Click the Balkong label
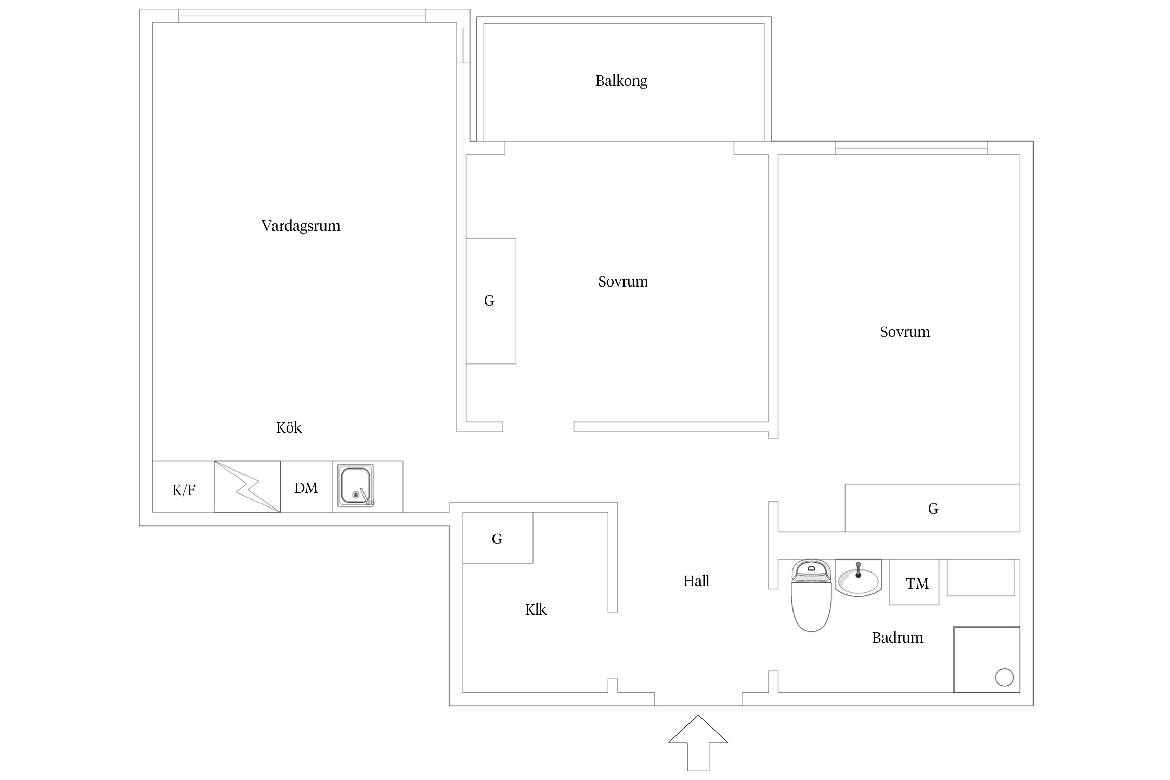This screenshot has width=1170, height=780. coord(621,81)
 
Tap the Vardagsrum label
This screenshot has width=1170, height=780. coord(301,226)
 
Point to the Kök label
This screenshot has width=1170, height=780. coord(289,427)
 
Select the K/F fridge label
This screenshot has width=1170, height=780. coord(184,489)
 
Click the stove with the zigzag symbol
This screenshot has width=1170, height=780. coord(247,487)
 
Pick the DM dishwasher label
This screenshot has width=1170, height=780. coord(306,488)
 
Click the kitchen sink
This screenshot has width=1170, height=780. coord(356,486)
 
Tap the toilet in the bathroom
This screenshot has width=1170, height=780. coord(811,595)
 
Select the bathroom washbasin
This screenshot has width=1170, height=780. coord(859,578)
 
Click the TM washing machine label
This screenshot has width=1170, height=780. coord(917,583)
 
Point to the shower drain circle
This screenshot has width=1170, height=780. coord(1004,678)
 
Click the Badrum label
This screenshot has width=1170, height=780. coord(898,638)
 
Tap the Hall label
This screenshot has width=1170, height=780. coord(696,581)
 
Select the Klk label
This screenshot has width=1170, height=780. coord(536,609)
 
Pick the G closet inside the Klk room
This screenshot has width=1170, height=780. coord(498,538)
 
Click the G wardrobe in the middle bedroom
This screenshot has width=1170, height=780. coord(491,301)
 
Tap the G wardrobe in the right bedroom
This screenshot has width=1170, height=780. coord(932,508)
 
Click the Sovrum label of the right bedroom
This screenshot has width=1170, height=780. coord(905,332)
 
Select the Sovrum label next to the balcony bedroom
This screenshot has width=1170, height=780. coord(623,281)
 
